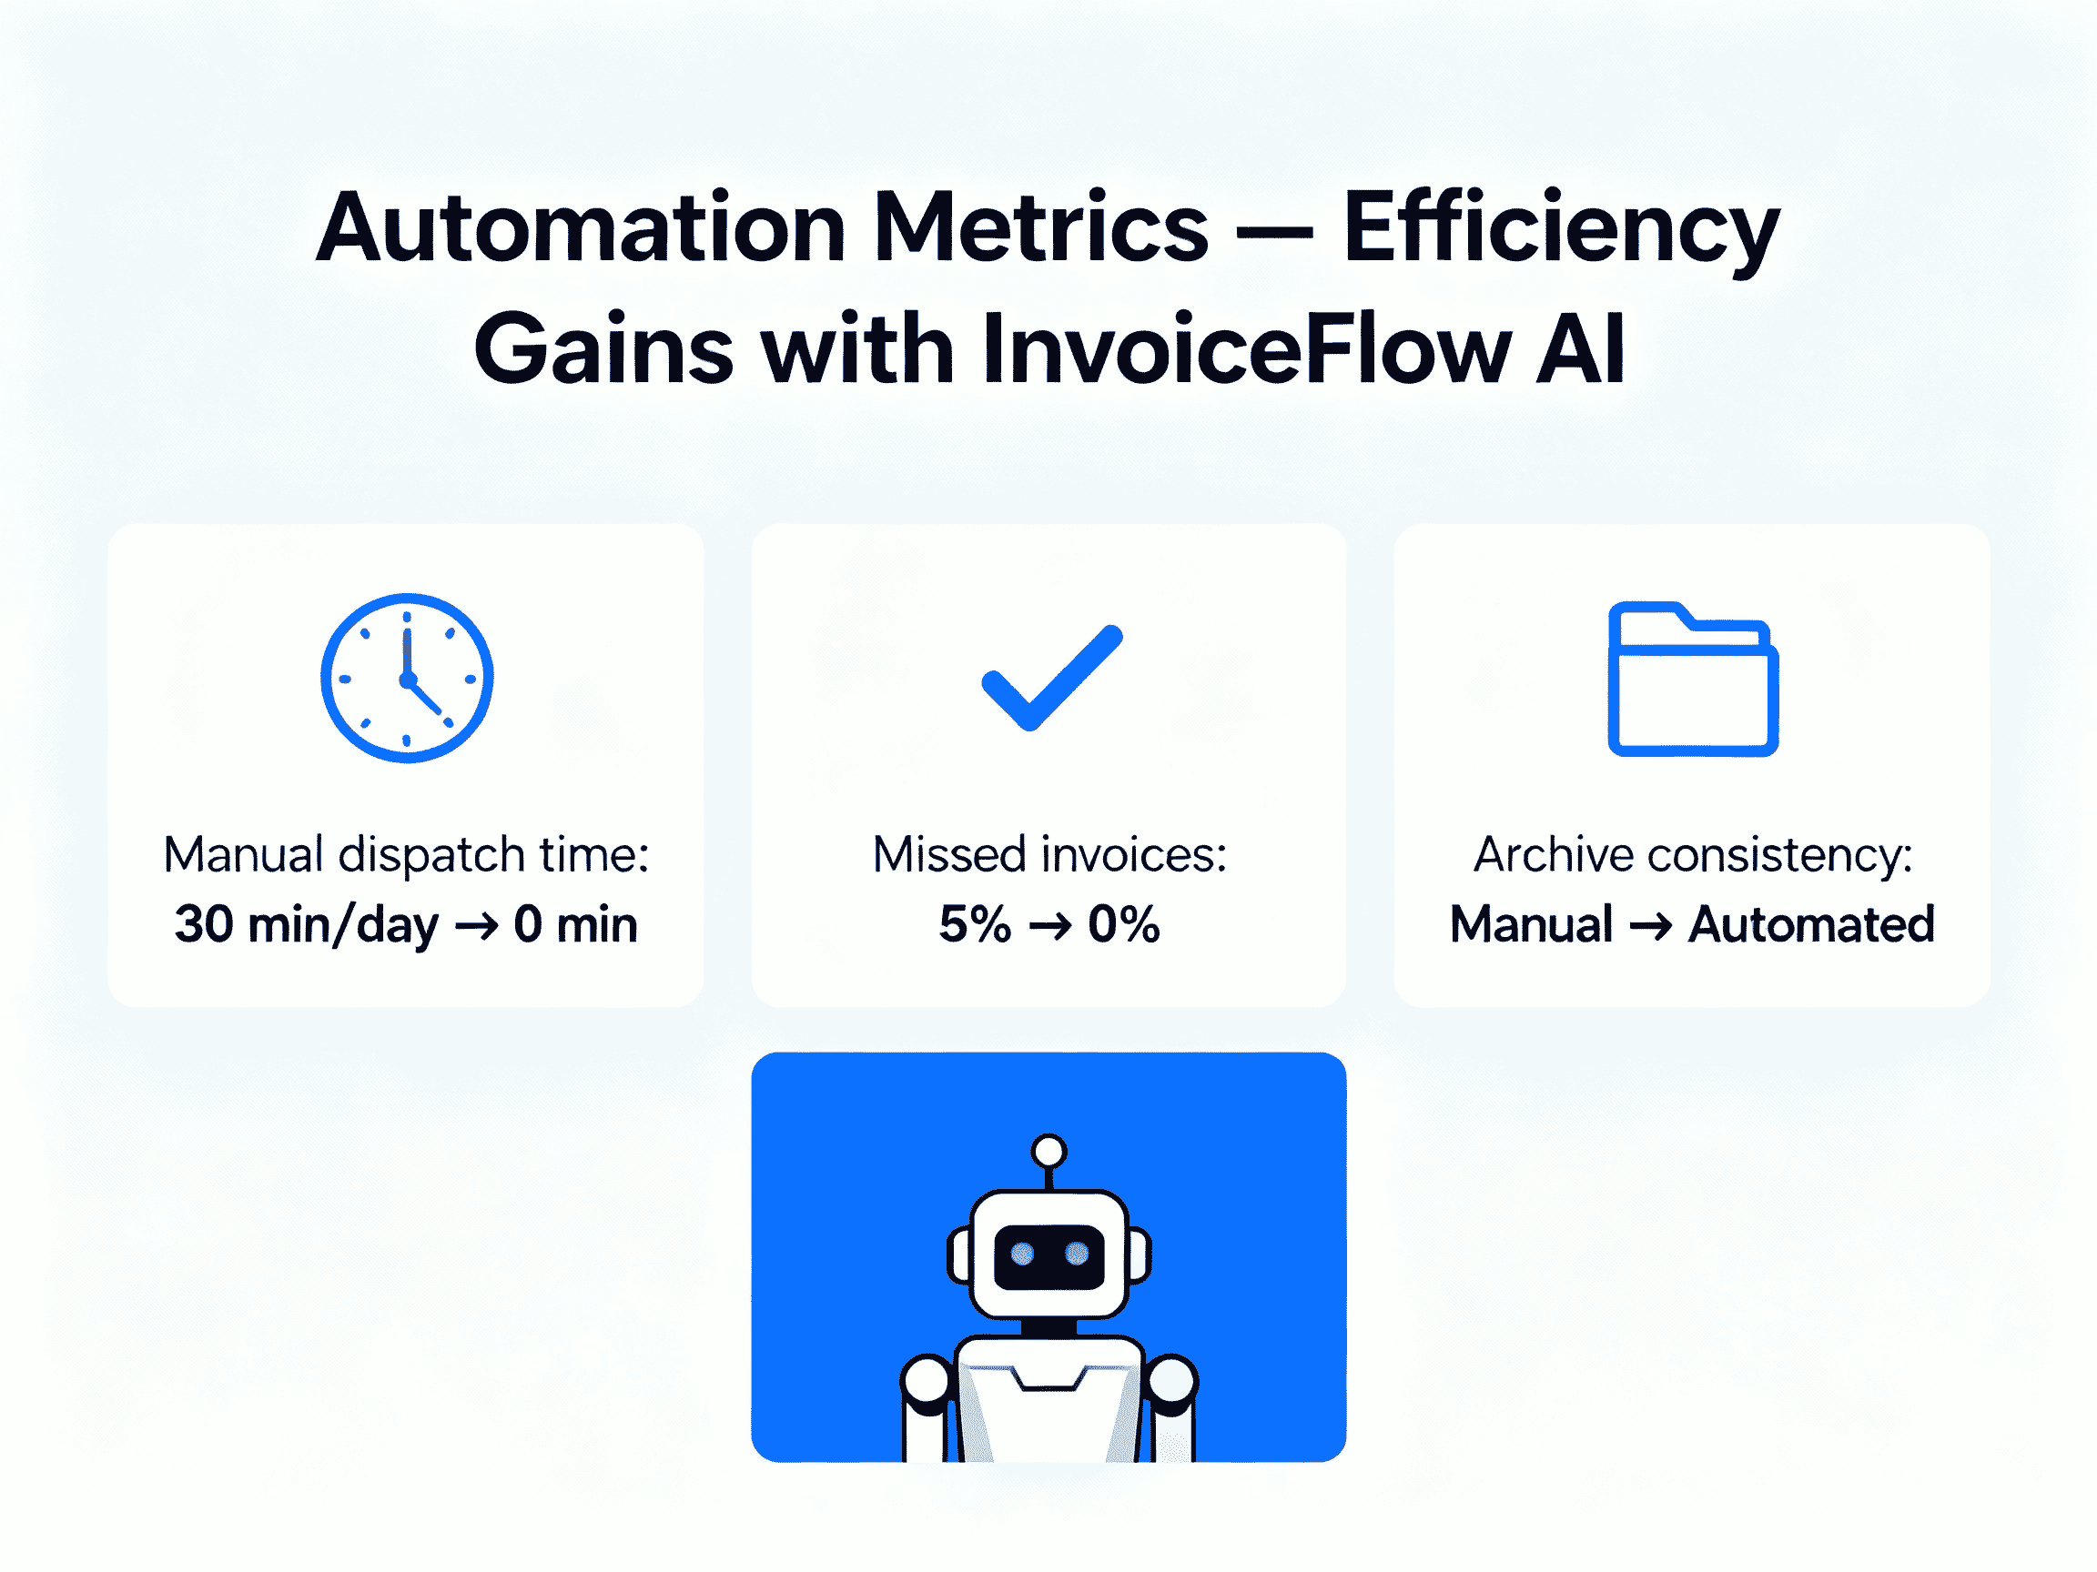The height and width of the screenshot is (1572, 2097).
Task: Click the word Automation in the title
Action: (579, 227)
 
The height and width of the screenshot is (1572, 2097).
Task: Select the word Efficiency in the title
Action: (1560, 227)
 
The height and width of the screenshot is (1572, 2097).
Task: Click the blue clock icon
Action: (407, 678)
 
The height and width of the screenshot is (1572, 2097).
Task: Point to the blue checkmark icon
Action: (1051, 678)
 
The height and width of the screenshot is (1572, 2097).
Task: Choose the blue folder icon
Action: (1692, 679)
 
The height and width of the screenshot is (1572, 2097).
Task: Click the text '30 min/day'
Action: (305, 924)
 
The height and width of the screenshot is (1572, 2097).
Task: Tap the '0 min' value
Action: (575, 924)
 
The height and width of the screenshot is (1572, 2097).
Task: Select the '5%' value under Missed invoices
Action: (974, 924)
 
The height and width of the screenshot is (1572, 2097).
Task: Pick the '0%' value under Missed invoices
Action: (1123, 924)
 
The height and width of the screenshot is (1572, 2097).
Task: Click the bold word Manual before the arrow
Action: (1531, 924)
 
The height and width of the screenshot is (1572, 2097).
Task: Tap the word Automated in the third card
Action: (1810, 924)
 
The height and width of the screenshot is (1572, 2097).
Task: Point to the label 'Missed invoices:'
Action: (1049, 855)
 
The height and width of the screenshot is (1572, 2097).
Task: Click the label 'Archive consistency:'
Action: (1692, 855)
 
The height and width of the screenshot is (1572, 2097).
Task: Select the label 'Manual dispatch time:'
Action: (406, 855)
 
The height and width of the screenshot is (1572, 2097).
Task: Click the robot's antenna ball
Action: (1048, 1152)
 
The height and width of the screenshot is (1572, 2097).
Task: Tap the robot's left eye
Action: (1022, 1255)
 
